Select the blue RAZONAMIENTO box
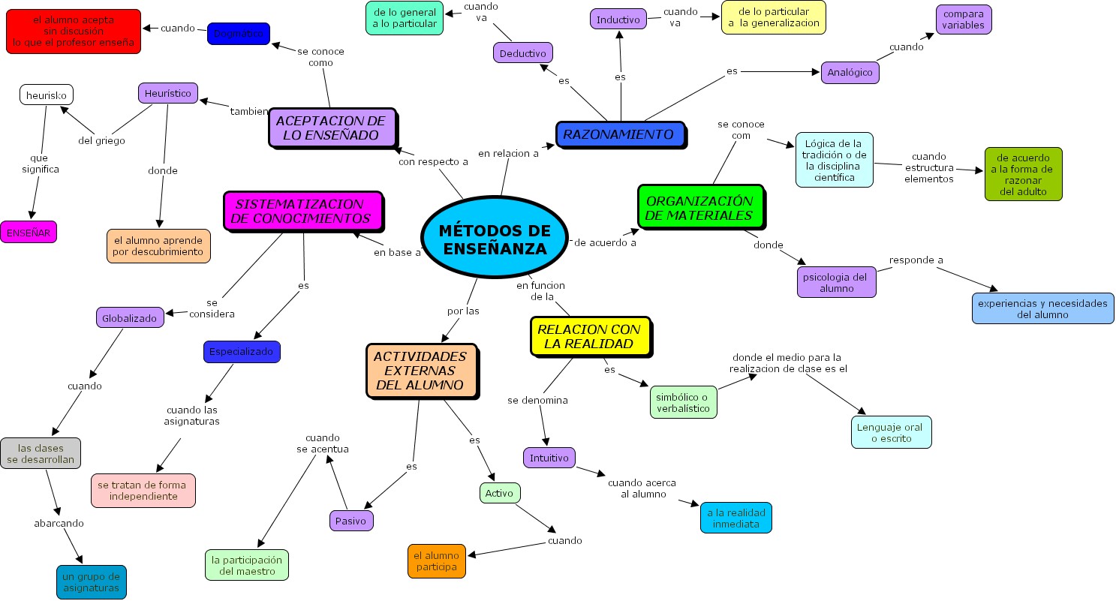620,135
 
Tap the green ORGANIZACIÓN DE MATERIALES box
700,207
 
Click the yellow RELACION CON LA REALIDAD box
590,336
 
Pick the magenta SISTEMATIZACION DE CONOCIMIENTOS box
303,211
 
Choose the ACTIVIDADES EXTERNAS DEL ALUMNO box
421,371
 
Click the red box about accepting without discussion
74,32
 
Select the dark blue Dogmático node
238,34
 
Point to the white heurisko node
46,95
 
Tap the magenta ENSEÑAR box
29,233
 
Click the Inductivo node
618,20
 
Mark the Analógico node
850,72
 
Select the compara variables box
964,20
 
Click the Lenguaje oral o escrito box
891,432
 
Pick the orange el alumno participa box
437,561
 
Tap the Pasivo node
350,520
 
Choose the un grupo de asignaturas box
91,582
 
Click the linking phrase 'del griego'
101,140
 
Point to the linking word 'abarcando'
59,523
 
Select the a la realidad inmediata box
735,518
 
